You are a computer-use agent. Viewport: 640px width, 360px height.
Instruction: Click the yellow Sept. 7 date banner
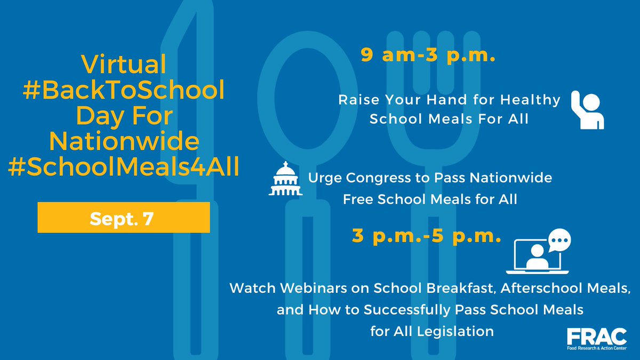click(x=123, y=217)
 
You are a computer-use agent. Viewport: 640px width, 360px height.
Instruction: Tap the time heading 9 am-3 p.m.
click(x=428, y=55)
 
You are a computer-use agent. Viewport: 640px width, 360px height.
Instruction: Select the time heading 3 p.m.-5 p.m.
click(x=427, y=235)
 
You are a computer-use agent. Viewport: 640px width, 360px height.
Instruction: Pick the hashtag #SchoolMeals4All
click(x=123, y=165)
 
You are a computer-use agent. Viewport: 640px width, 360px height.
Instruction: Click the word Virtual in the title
click(x=123, y=66)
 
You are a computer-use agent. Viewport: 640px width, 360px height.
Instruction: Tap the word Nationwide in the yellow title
click(x=123, y=141)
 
